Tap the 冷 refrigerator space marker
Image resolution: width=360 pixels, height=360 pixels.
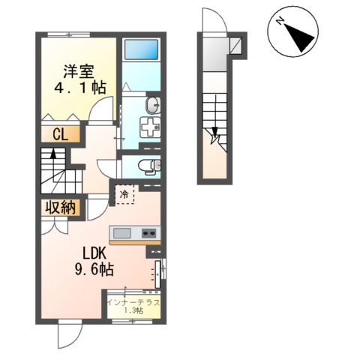[x=123, y=195]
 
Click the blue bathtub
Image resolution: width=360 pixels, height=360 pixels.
[x=140, y=52]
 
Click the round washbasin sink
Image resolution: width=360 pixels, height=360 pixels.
[x=152, y=103]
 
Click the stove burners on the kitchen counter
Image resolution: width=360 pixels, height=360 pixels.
[x=148, y=231]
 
